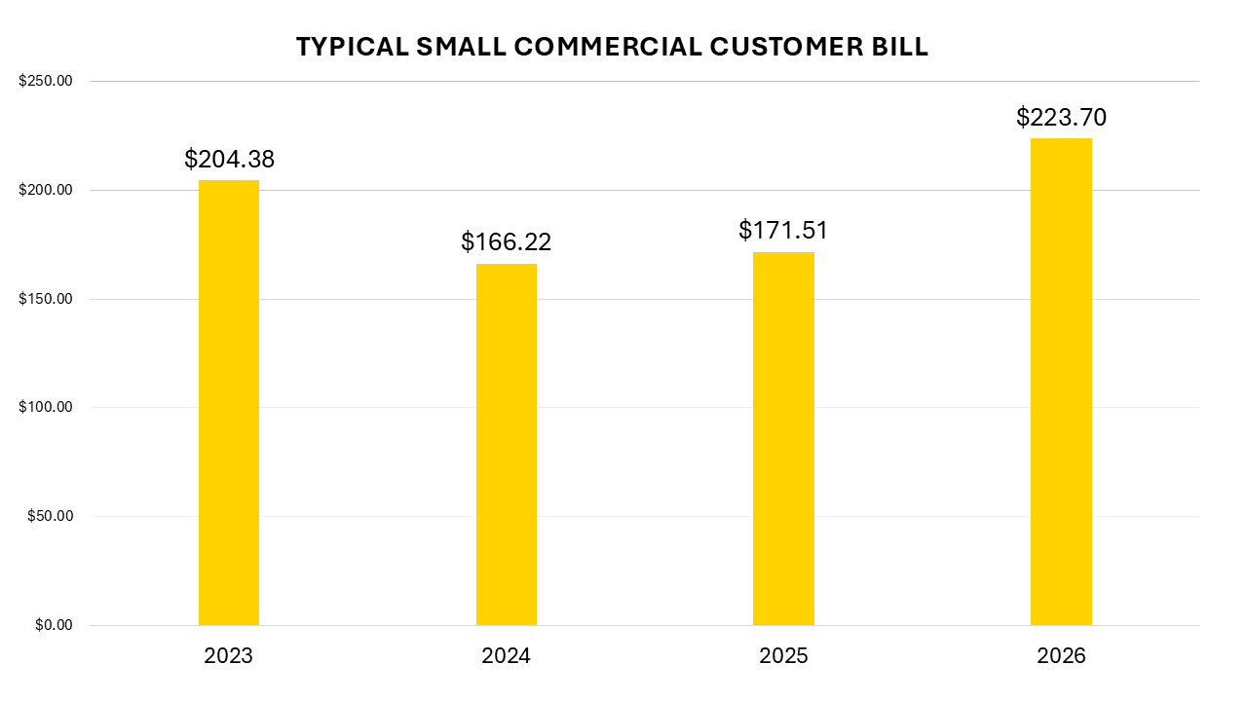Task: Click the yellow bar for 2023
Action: (x=229, y=402)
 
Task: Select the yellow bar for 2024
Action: (x=506, y=444)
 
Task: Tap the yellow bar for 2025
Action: (x=783, y=438)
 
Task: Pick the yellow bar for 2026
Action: (x=1061, y=382)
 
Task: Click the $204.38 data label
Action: (x=229, y=160)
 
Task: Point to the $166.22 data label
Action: (x=506, y=241)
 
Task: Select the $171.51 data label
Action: (x=783, y=231)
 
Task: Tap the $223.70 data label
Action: (x=1061, y=118)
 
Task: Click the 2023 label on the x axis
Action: (x=229, y=656)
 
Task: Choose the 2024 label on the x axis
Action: (x=506, y=656)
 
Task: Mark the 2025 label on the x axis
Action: (x=783, y=656)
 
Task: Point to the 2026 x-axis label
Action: (x=1061, y=656)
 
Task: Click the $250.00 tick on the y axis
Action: (x=46, y=82)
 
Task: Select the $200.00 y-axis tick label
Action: (x=46, y=190)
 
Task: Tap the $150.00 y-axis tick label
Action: (x=46, y=299)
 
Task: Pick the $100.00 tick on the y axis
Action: (x=46, y=408)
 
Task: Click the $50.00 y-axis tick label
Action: (x=50, y=516)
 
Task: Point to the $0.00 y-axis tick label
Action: (x=54, y=625)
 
